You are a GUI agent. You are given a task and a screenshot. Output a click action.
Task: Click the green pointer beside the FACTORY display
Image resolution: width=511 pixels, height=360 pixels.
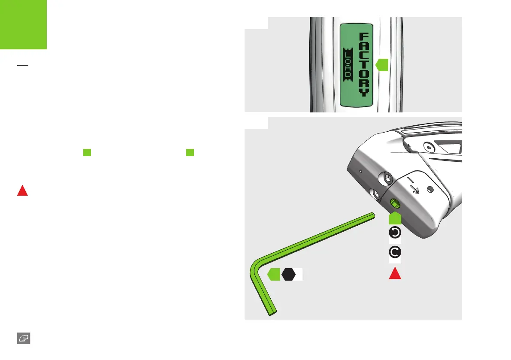pos(382,65)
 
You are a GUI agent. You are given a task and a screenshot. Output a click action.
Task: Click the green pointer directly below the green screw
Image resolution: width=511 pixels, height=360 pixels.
pos(395,218)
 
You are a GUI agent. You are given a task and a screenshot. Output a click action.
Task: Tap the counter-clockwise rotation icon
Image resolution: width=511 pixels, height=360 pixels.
pos(395,233)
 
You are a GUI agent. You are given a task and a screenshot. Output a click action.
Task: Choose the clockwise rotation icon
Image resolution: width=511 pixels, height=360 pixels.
pos(395,252)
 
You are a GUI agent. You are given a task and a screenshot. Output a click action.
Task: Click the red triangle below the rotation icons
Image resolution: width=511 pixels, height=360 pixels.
pos(395,272)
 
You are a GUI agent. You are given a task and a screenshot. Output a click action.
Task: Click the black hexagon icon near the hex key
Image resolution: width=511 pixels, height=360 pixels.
pos(288,274)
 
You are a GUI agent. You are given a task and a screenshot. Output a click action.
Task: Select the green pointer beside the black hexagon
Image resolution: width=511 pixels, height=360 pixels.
pos(273,274)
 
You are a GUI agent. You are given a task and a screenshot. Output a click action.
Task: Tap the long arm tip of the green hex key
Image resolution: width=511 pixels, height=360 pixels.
pos(371,215)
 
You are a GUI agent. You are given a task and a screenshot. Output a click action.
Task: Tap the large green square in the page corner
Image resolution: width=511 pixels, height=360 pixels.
pos(23,24)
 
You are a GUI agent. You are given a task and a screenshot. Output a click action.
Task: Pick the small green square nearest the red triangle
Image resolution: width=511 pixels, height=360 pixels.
pos(87,152)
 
